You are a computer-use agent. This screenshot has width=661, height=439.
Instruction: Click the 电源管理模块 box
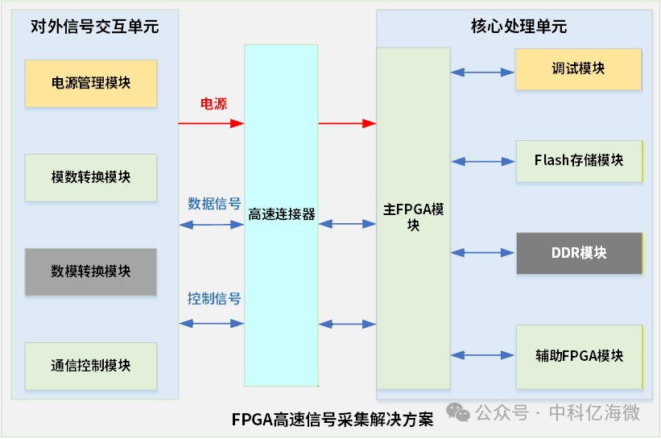tap(91, 83)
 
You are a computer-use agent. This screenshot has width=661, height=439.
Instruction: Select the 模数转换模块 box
tap(91, 177)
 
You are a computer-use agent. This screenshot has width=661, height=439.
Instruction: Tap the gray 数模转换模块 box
tap(91, 271)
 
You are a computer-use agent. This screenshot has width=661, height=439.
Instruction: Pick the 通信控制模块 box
tap(91, 366)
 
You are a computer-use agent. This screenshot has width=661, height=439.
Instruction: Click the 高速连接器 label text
tap(281, 214)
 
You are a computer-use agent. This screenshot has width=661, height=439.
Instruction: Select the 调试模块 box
tap(578, 69)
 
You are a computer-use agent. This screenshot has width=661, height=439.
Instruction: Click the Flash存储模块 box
tap(578, 160)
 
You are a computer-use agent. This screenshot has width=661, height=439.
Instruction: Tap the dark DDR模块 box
tap(578, 253)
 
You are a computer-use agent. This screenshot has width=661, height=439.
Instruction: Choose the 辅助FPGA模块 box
tap(578, 356)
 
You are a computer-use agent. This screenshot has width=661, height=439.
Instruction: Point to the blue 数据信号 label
tap(214, 204)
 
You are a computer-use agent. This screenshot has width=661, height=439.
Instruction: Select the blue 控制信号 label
tap(214, 299)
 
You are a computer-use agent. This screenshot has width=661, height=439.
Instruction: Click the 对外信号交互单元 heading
tap(94, 27)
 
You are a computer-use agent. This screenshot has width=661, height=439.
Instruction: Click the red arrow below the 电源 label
tap(211, 123)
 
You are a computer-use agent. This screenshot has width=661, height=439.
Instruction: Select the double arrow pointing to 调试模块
tap(482, 72)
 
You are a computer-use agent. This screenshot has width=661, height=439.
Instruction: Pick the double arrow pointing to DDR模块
tap(482, 253)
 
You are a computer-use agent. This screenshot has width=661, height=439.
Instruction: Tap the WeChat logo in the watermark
tap(460, 413)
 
